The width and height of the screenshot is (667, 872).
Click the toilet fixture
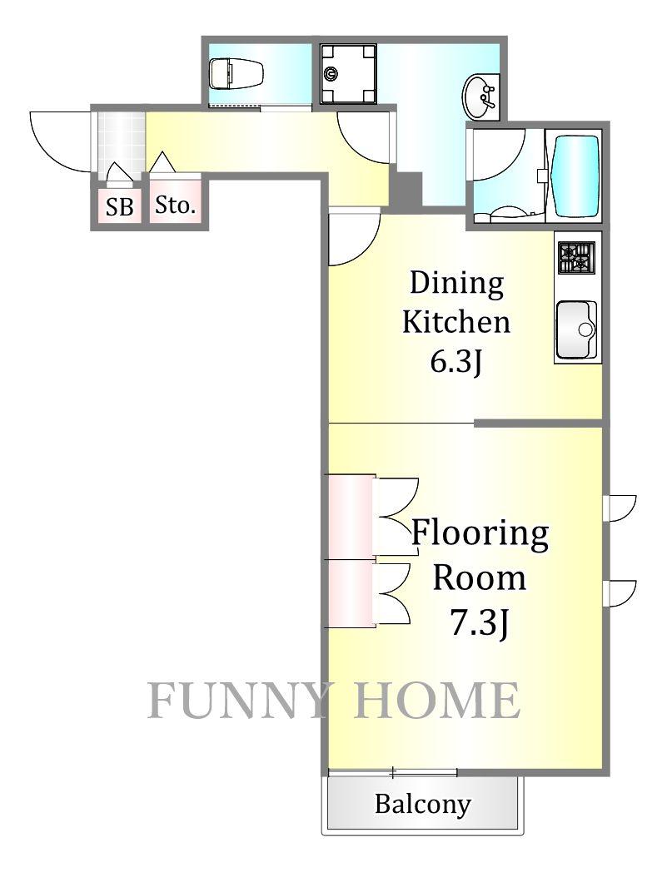pos(237,73)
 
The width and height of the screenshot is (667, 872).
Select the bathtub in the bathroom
pos(574,174)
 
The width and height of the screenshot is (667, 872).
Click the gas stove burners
pos(577,257)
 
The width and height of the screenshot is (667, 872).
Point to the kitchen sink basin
pos(577,330)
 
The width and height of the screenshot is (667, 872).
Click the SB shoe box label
pos(120,207)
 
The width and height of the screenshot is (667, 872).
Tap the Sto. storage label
pos(176,206)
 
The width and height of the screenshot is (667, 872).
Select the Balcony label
pos(422,804)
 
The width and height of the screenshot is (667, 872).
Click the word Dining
pos(456,283)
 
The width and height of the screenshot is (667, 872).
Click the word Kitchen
pos(456,322)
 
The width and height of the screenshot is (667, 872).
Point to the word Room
pos(479,578)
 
